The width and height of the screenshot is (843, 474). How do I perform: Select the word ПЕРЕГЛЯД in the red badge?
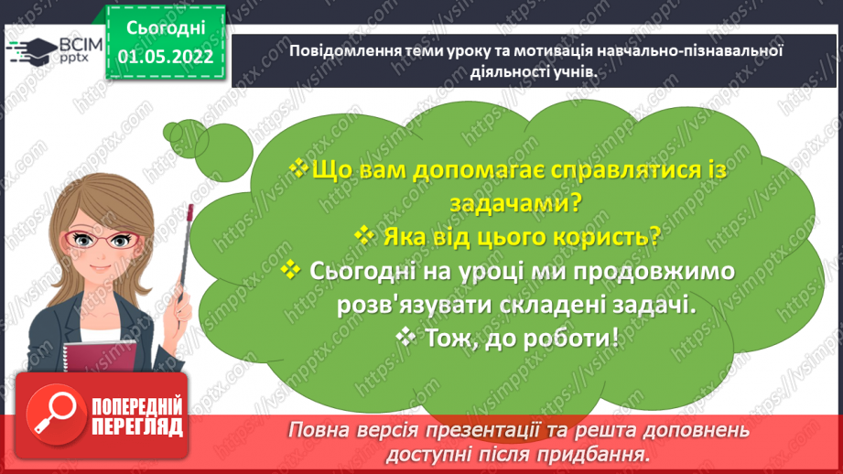click(136, 426)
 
